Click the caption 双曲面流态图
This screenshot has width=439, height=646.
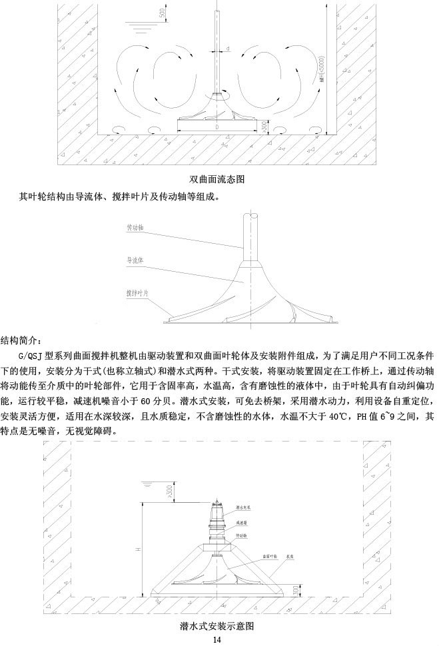tap(219, 179)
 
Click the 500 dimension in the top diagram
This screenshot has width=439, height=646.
tap(164, 14)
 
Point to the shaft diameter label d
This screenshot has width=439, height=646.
tap(227, 49)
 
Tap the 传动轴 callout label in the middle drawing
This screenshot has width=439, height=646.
tap(135, 228)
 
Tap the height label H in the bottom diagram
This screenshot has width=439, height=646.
tap(137, 549)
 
